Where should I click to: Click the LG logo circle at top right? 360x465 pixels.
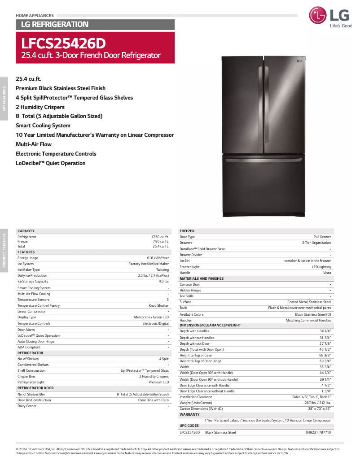coord(318,16)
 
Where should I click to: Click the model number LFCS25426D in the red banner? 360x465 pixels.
coord(64,44)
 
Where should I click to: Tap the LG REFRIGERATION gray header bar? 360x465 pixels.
coord(52,24)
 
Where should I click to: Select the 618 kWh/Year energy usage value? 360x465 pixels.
coord(158,258)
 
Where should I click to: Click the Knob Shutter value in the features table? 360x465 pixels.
coord(159,305)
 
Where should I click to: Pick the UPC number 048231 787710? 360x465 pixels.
coord(318,432)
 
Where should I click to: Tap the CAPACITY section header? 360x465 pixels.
coord(26,231)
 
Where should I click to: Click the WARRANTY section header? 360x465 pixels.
coord(189,415)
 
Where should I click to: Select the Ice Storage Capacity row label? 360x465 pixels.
coord(33,282)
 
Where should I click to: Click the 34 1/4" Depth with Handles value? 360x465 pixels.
coord(325,331)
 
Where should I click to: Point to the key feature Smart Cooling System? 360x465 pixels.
coord(43,126)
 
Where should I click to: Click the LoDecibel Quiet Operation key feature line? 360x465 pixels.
coord(51,163)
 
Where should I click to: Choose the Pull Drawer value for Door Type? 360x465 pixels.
coord(322,237)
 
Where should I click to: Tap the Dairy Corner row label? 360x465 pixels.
coord(27,406)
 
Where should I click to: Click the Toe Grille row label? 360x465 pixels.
coord(187,296)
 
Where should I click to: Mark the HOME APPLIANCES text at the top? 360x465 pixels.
coord(35,16)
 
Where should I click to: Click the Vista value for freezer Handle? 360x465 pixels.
coord(327,273)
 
